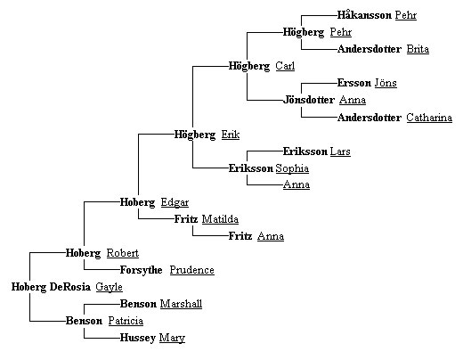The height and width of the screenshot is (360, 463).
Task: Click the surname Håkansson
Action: tap(364, 15)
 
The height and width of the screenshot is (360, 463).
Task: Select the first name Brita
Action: tap(418, 49)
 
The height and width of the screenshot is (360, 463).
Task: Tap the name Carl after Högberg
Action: tap(285, 66)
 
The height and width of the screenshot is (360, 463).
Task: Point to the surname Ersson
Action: tap(354, 83)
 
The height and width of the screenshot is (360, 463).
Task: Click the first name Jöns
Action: tap(386, 83)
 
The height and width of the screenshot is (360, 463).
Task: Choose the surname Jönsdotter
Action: tap(309, 100)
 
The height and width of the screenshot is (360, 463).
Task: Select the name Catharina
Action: tap(429, 118)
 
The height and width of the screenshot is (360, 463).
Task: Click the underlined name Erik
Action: tap(231, 135)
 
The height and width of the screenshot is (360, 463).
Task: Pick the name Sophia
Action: tap(292, 168)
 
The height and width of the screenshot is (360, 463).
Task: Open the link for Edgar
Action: tap(175, 202)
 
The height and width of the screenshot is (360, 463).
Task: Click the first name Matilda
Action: tap(220, 219)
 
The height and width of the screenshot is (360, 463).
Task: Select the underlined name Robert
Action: tap(123, 253)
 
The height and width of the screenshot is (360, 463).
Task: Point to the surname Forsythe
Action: tap(141, 270)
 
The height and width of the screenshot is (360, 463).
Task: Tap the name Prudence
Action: tap(191, 270)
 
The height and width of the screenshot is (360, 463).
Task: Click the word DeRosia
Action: tap(70, 287)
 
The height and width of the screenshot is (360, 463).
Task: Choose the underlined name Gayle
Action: tap(109, 287)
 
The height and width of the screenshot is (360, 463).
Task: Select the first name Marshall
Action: tap(181, 304)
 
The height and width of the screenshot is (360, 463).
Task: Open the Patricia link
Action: tap(126, 321)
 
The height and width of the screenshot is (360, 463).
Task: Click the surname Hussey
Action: tap(138, 338)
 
